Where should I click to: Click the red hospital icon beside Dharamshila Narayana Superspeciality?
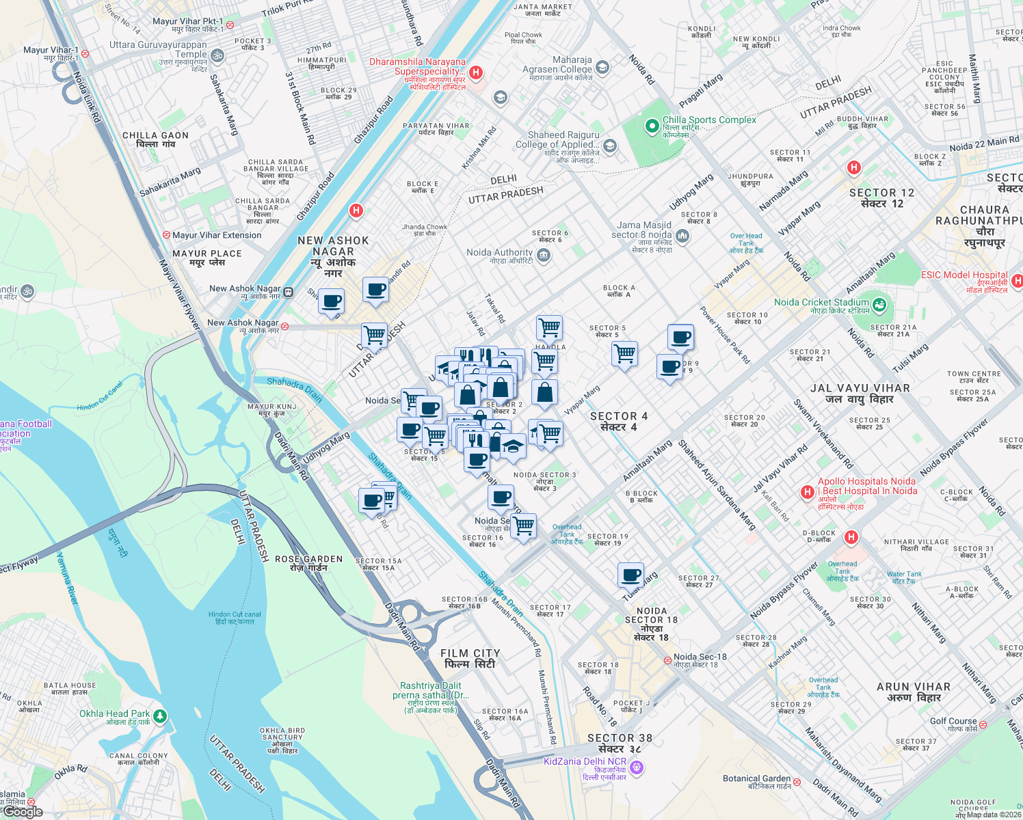point(477,72)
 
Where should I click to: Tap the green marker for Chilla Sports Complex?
point(652,126)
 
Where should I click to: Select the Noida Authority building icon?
point(544,256)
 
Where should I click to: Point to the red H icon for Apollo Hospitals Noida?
point(808,492)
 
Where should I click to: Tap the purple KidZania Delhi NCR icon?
point(637,768)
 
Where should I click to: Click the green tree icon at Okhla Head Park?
point(160,716)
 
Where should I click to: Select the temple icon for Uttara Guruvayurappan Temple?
point(217,55)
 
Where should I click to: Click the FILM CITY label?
point(470,659)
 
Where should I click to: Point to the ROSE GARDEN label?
point(308,563)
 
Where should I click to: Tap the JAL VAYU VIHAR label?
point(860,393)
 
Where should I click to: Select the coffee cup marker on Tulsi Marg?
point(630,575)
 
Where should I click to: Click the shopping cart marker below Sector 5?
point(624,354)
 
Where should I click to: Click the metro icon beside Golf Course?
point(983,724)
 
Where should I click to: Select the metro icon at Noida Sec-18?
point(667,661)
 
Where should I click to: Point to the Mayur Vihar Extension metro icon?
point(166,235)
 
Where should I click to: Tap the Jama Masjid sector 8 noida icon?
point(682,236)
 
